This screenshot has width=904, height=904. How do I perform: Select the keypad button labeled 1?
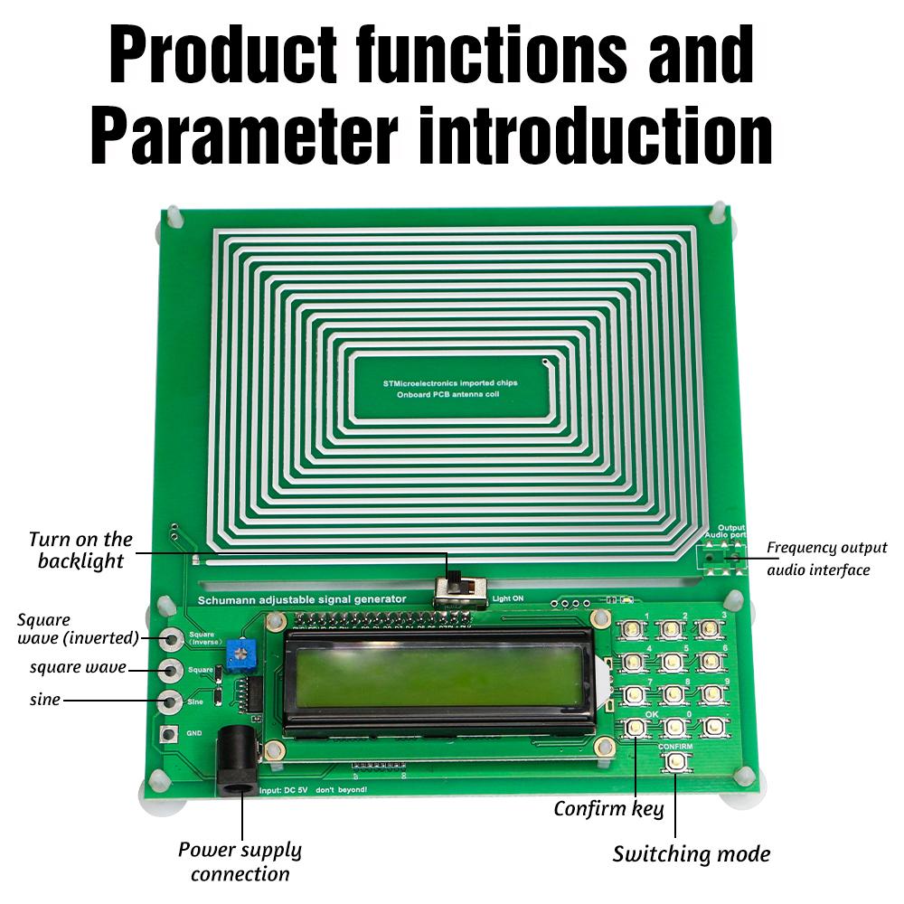pyautogui.click(x=634, y=631)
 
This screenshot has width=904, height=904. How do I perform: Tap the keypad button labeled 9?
pyautogui.click(x=713, y=693)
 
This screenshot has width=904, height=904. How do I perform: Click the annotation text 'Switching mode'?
pyautogui.click(x=691, y=853)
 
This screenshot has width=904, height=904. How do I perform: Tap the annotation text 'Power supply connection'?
pyautogui.click(x=240, y=862)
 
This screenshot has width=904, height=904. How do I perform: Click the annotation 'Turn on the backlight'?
pyautogui.click(x=80, y=550)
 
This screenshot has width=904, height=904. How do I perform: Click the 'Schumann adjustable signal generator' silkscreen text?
pyautogui.click(x=302, y=599)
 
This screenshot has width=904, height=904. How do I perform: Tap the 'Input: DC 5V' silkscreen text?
pyautogui.click(x=285, y=789)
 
